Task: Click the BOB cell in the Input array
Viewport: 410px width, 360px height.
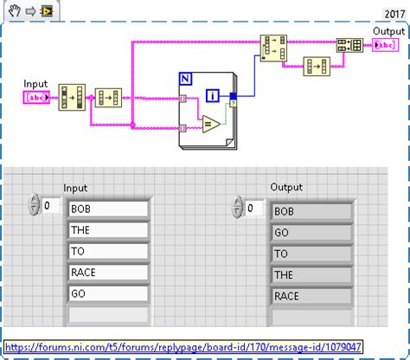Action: pyautogui.click(x=108, y=209)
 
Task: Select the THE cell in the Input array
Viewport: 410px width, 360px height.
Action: pyautogui.click(x=108, y=229)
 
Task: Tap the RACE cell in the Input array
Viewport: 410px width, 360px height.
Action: pyautogui.click(x=108, y=272)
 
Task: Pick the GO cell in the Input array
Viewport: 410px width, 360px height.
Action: pyautogui.click(x=108, y=292)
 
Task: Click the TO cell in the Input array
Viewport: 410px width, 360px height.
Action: pyautogui.click(x=108, y=251)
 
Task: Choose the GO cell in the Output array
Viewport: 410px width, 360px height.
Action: pyautogui.click(x=311, y=233)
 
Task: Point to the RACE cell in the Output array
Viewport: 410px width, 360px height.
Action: pyautogui.click(x=311, y=296)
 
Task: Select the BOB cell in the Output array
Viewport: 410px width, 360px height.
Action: pyautogui.click(x=311, y=211)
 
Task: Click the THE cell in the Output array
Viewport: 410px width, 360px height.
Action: pyautogui.click(x=311, y=275)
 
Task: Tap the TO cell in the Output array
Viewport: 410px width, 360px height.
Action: pyautogui.click(x=311, y=254)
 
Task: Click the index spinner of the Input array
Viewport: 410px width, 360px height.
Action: pyautogui.click(x=35, y=205)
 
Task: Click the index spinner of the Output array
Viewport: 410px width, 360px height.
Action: pyautogui.click(x=238, y=208)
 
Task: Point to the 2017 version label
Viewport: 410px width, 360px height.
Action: pyautogui.click(x=394, y=14)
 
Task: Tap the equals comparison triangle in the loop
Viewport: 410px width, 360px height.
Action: pyautogui.click(x=208, y=125)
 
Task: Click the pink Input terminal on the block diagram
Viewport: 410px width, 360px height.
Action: pyautogui.click(x=38, y=97)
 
